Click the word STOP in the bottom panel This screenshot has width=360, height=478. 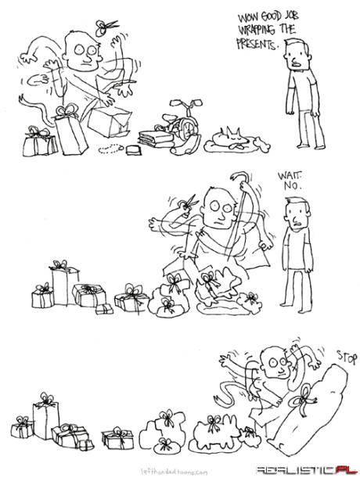coord(347,357)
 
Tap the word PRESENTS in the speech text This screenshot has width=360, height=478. coord(257,45)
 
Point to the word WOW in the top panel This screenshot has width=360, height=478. coord(247,18)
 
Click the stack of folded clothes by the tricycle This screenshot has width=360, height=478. coord(157,138)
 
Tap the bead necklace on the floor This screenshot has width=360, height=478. coord(111,149)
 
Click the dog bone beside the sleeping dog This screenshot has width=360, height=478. coord(263,145)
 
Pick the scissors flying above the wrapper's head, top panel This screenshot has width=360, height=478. coord(105,27)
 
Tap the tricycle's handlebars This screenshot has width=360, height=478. coord(186,102)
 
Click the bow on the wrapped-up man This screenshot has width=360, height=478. coord(302,400)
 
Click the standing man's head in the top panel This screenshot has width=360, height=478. coord(297,55)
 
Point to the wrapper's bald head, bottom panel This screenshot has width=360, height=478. coord(276,361)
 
